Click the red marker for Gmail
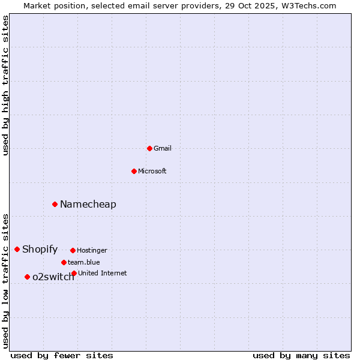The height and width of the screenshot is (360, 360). point(149,148)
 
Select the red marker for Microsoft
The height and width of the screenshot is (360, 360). point(134,171)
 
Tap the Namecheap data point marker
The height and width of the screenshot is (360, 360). point(55,204)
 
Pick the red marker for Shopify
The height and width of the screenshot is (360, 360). point(17,249)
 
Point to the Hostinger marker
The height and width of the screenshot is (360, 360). point(73,250)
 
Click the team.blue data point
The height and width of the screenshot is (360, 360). point(64,262)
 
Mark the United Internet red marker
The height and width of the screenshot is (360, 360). point(74,273)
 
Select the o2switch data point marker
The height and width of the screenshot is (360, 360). point(27,277)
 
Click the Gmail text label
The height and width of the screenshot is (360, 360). point(163,148)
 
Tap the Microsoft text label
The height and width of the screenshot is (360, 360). point(152,171)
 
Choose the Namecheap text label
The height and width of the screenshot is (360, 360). point(88,204)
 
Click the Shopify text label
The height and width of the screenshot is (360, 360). point(40,249)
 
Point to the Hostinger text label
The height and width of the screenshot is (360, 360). point(92,250)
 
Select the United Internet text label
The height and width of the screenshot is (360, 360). point(103,273)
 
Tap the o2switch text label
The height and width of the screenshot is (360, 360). point(53,277)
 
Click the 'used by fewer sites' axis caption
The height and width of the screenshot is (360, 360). point(62,355)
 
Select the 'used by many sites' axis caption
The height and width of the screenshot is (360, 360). point(301,355)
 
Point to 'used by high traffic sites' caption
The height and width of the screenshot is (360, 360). point(6,85)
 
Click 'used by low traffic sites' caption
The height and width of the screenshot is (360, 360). point(6,281)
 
